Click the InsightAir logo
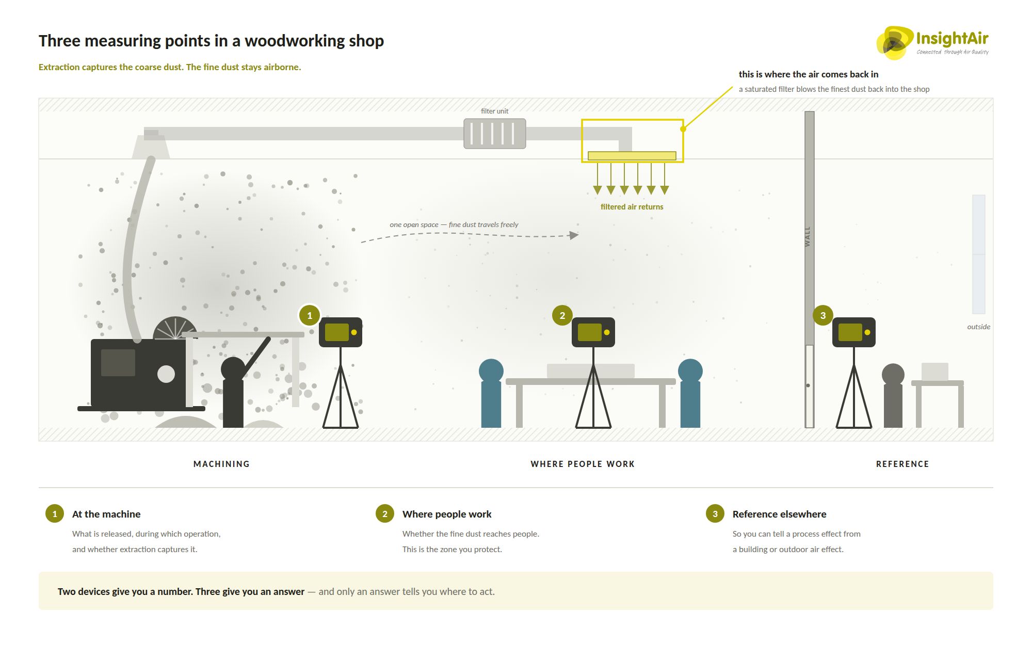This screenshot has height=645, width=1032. click(x=932, y=42)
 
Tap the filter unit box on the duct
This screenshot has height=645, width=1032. click(x=494, y=134)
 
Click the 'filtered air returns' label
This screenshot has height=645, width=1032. click(x=632, y=207)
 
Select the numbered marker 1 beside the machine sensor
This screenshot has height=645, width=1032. click(x=310, y=315)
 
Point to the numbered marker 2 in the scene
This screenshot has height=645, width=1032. click(x=562, y=315)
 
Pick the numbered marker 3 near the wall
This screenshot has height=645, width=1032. click(x=823, y=315)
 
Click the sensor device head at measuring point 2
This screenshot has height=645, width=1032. click(x=593, y=332)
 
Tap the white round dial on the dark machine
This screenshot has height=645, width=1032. click(x=166, y=374)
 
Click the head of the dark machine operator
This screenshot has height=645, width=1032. click(x=233, y=369)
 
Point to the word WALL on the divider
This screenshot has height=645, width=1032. click(x=808, y=236)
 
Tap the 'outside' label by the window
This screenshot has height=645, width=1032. click(x=978, y=327)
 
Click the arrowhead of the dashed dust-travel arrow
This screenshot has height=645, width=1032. click(x=574, y=235)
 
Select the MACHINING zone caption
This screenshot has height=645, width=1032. click(x=221, y=464)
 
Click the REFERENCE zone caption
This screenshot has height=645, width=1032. click(x=902, y=464)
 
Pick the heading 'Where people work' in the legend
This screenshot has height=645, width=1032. click(x=447, y=514)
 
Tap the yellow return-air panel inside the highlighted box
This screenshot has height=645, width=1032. click(x=632, y=156)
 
